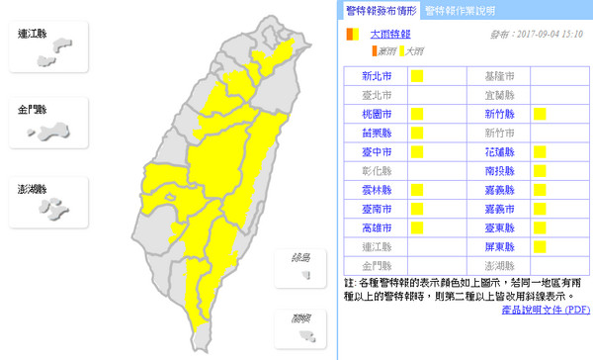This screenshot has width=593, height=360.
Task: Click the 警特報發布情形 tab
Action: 380,11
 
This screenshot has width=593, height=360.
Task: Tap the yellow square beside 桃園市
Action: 416,115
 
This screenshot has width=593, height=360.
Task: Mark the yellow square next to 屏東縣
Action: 540,246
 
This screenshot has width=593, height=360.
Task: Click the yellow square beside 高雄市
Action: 416,227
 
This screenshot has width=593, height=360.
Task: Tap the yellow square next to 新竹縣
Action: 540,115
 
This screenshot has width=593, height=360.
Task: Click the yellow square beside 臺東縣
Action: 540,227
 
